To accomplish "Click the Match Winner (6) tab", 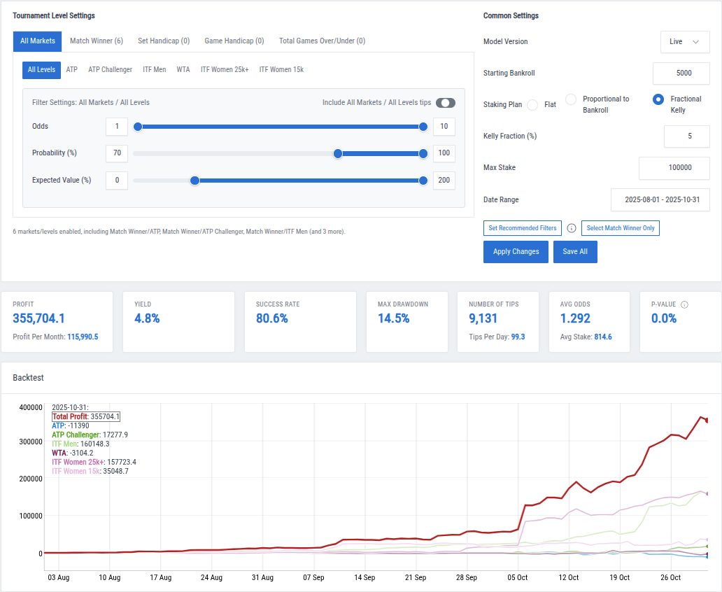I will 96,41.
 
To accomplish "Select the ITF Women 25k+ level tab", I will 225,70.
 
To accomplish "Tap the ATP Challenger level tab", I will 110,70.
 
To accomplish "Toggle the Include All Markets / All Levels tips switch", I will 445,103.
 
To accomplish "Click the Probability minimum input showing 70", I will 117,153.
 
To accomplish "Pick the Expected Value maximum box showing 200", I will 444,181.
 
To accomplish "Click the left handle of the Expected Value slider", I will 195,181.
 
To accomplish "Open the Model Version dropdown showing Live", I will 684,42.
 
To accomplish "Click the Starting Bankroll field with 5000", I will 681,73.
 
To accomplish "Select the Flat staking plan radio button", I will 532,105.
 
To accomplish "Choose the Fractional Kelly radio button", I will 658,99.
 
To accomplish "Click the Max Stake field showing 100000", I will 674,168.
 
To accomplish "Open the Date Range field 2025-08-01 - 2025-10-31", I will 660,200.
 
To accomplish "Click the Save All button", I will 575,252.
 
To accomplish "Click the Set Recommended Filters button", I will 522,228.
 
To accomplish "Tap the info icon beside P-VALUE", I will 684,305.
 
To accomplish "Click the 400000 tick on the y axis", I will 30,408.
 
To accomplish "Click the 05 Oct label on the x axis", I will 518,578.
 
